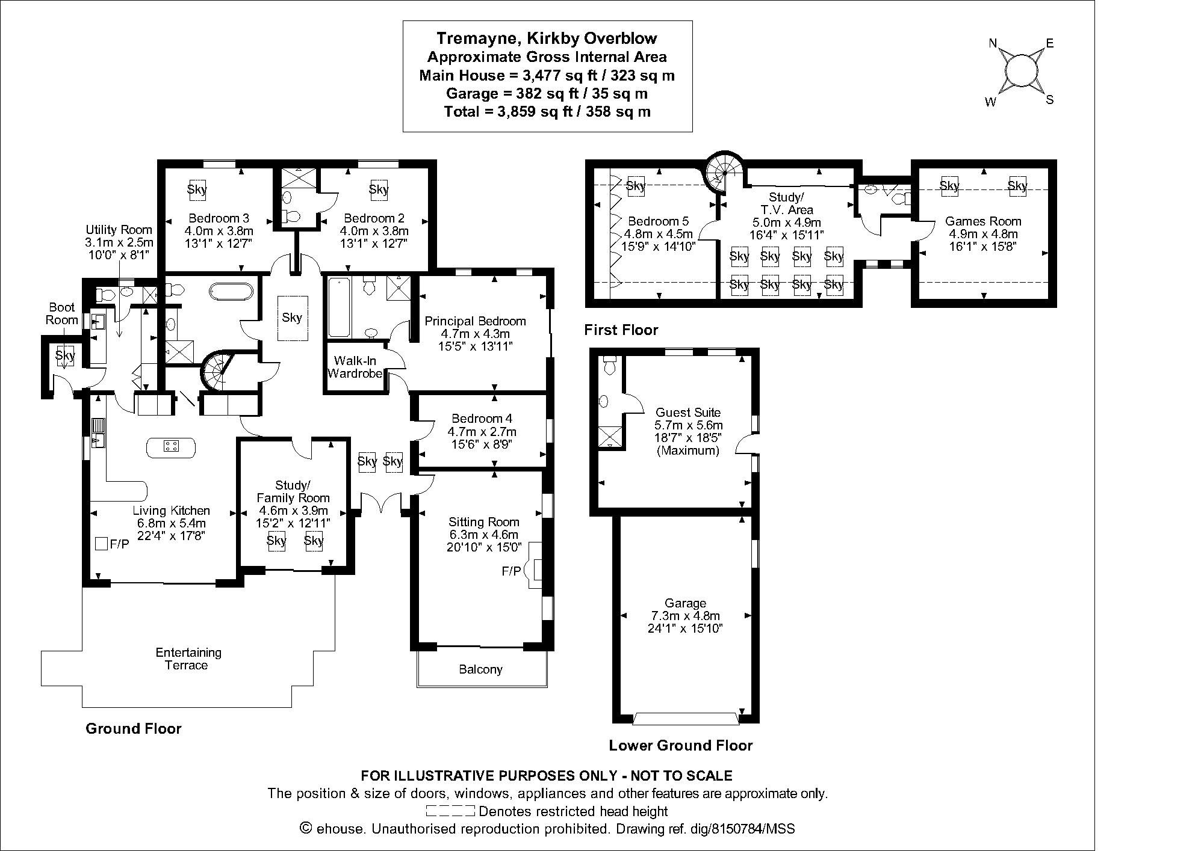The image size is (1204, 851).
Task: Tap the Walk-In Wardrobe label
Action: tap(355, 367)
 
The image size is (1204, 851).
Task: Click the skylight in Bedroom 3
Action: tap(197, 189)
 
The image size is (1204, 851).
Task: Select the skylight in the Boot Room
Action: tap(64, 355)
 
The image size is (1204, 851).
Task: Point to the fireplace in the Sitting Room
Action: tap(534, 571)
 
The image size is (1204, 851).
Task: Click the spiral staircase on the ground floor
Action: tap(217, 371)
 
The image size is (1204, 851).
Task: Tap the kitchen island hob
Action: tap(171, 446)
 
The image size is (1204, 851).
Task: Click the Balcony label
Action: tap(480, 669)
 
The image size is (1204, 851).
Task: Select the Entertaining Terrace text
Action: tap(188, 659)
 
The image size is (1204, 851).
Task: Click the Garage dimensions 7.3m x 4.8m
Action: tap(685, 616)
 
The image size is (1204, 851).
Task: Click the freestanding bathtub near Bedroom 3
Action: tap(231, 292)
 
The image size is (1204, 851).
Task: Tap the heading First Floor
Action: tap(621, 330)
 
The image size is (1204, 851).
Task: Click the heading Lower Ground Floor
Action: tap(680, 746)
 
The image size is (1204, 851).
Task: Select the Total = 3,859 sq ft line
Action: tap(547, 112)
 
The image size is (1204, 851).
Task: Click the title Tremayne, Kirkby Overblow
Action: tap(547, 38)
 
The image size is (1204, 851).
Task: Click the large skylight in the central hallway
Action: tap(292, 318)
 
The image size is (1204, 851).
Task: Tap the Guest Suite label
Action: tap(688, 413)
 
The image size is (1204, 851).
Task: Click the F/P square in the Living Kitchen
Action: tap(102, 544)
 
